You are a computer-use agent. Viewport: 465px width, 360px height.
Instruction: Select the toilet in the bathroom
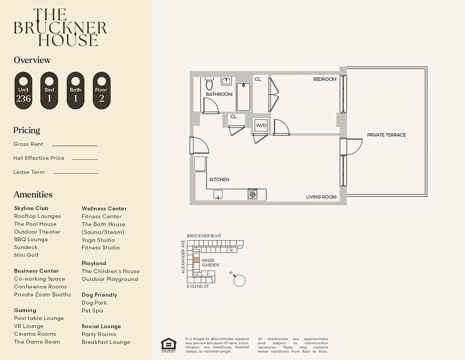pyautogui.click(x=209, y=84)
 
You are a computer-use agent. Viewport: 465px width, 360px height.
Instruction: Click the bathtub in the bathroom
pyautogui.click(x=243, y=96)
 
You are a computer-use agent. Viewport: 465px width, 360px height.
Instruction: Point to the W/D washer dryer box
pyautogui.click(x=261, y=125)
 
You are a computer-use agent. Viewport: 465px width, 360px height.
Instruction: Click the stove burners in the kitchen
pyautogui.click(x=253, y=194)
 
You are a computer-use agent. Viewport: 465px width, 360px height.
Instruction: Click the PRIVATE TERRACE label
pyautogui.click(x=386, y=135)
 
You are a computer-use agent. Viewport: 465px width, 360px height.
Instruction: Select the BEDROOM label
pyautogui.click(x=325, y=79)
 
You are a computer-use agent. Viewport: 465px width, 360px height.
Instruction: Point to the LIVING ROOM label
pyautogui.click(x=321, y=197)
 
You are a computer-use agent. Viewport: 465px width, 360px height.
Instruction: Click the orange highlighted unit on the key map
pyautogui.click(x=196, y=260)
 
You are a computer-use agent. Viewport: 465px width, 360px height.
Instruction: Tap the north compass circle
pyautogui.click(x=240, y=281)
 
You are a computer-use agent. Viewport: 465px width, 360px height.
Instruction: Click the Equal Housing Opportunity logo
pyautogui.click(x=169, y=345)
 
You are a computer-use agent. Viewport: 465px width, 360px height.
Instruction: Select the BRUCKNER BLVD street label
pyautogui.click(x=204, y=236)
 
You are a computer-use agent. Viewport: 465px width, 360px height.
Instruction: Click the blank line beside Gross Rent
pyautogui.click(x=74, y=145)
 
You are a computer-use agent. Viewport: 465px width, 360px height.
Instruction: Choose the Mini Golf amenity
pyautogui.click(x=26, y=255)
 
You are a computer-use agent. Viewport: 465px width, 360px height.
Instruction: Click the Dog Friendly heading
pyautogui.click(x=99, y=295)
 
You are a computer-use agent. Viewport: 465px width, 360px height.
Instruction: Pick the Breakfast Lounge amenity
pyautogui.click(x=106, y=342)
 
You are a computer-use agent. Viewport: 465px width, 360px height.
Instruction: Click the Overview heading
pyautogui.click(x=32, y=60)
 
